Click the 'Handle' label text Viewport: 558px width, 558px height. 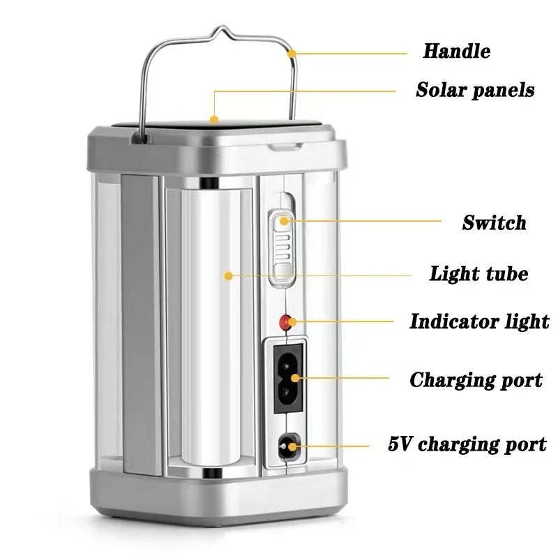[x=456, y=51]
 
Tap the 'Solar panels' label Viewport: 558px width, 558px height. [x=475, y=90]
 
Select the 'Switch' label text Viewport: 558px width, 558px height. [x=494, y=223]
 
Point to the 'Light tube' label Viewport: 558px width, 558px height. [x=478, y=273]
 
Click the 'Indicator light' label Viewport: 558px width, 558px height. [x=478, y=322]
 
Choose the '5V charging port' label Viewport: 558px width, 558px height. [x=467, y=444]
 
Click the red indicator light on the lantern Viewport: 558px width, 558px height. [x=285, y=322]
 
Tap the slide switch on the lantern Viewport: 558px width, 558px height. [x=282, y=248]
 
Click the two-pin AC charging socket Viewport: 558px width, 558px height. [x=286, y=377]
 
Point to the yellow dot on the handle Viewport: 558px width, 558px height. [x=292, y=52]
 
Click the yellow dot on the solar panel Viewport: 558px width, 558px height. [x=214, y=119]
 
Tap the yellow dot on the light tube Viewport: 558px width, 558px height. [x=227, y=276]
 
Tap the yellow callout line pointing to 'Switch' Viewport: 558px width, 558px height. [x=370, y=222]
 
